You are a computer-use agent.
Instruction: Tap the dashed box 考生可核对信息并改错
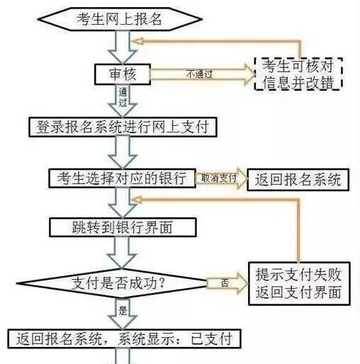[298, 74]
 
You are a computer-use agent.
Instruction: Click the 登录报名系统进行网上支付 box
[121, 127]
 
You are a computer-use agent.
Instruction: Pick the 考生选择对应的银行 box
[121, 178]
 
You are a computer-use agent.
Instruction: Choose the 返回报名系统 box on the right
[298, 179]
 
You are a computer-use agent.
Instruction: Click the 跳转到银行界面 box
[121, 227]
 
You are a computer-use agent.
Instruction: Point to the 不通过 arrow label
[200, 72]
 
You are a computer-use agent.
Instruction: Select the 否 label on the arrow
[225, 283]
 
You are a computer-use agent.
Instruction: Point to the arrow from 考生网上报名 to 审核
[118, 47]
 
